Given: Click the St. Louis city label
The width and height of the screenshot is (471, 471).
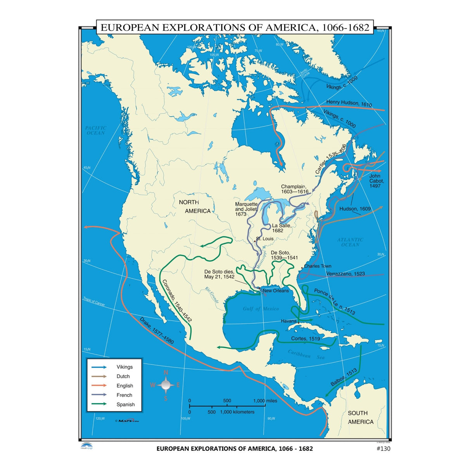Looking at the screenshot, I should [x=265, y=239].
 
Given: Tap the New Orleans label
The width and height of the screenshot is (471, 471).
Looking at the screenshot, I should [x=276, y=291].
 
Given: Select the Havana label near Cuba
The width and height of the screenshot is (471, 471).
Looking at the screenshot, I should [x=289, y=321].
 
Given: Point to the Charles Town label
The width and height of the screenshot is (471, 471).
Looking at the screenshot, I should [x=318, y=266].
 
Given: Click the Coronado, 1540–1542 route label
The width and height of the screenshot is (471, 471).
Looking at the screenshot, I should [x=177, y=301].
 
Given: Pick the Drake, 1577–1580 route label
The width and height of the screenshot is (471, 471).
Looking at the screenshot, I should [x=157, y=331].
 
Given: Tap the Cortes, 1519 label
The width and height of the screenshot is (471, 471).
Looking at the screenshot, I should [x=306, y=339].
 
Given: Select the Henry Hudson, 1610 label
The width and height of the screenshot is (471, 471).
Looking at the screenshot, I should [x=349, y=103].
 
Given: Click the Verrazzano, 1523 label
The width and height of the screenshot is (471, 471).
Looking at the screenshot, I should [x=345, y=274].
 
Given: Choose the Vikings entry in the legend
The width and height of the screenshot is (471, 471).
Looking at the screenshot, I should [x=125, y=367].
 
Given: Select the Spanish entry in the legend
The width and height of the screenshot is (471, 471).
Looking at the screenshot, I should [x=126, y=404].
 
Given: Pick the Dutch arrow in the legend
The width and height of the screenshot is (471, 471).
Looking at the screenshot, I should [x=99, y=376].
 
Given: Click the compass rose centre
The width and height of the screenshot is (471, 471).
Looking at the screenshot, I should [x=166, y=385].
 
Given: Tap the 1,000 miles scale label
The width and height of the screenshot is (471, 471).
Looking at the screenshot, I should [x=265, y=401].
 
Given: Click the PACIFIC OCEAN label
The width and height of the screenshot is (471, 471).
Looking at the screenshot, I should [x=96, y=130].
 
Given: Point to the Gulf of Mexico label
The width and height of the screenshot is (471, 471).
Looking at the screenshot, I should [x=261, y=309].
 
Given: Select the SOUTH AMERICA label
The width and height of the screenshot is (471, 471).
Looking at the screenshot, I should [x=360, y=417].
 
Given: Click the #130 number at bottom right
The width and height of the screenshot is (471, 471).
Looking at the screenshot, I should [x=383, y=448].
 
